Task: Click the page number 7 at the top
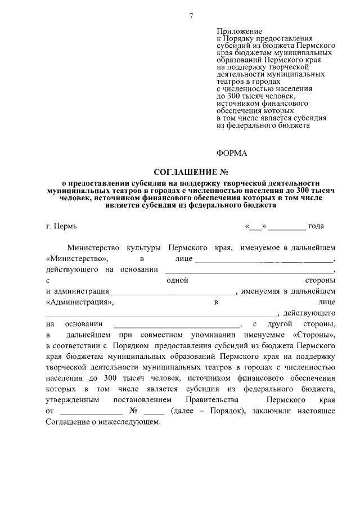191,16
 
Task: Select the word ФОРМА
232,153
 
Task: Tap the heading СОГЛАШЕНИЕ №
191,172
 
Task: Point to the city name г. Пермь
61,226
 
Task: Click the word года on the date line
316,226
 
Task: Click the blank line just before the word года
290,227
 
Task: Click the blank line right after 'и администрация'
172,292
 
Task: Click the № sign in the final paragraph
134,411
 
